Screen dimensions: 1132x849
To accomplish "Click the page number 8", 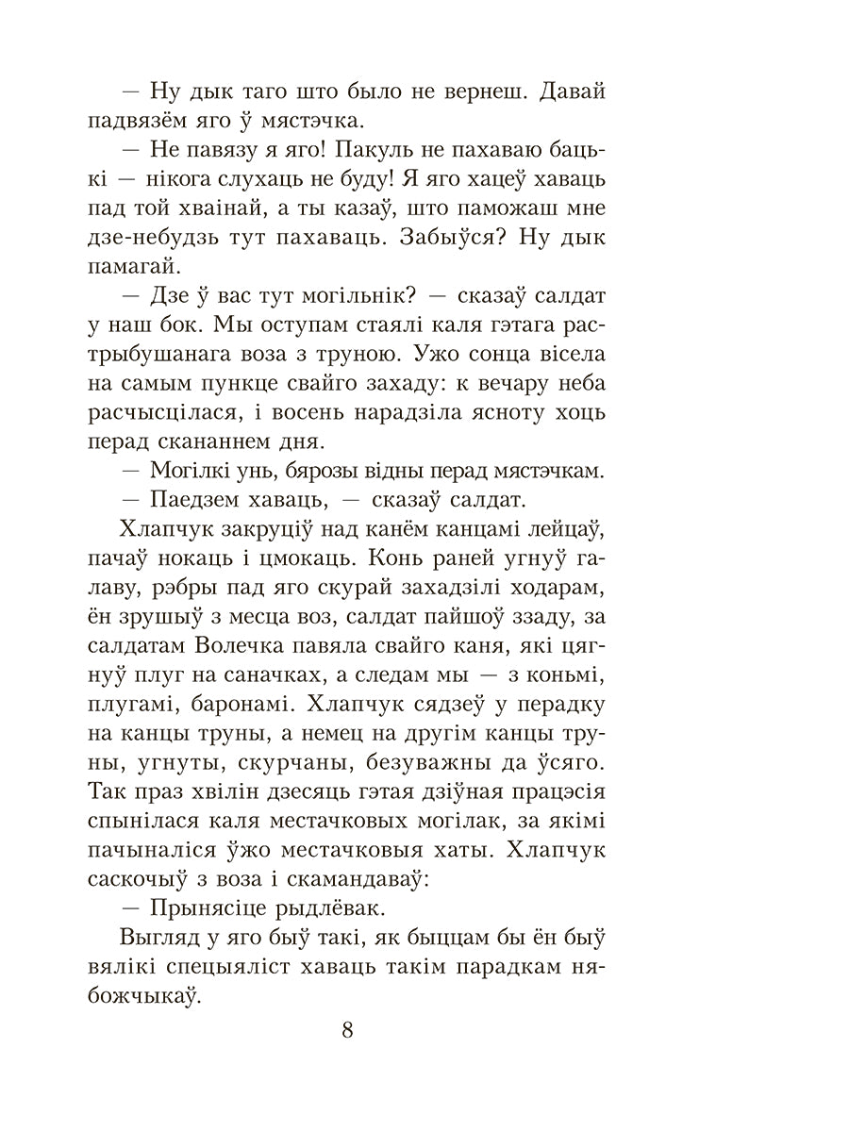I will (x=348, y=1030).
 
